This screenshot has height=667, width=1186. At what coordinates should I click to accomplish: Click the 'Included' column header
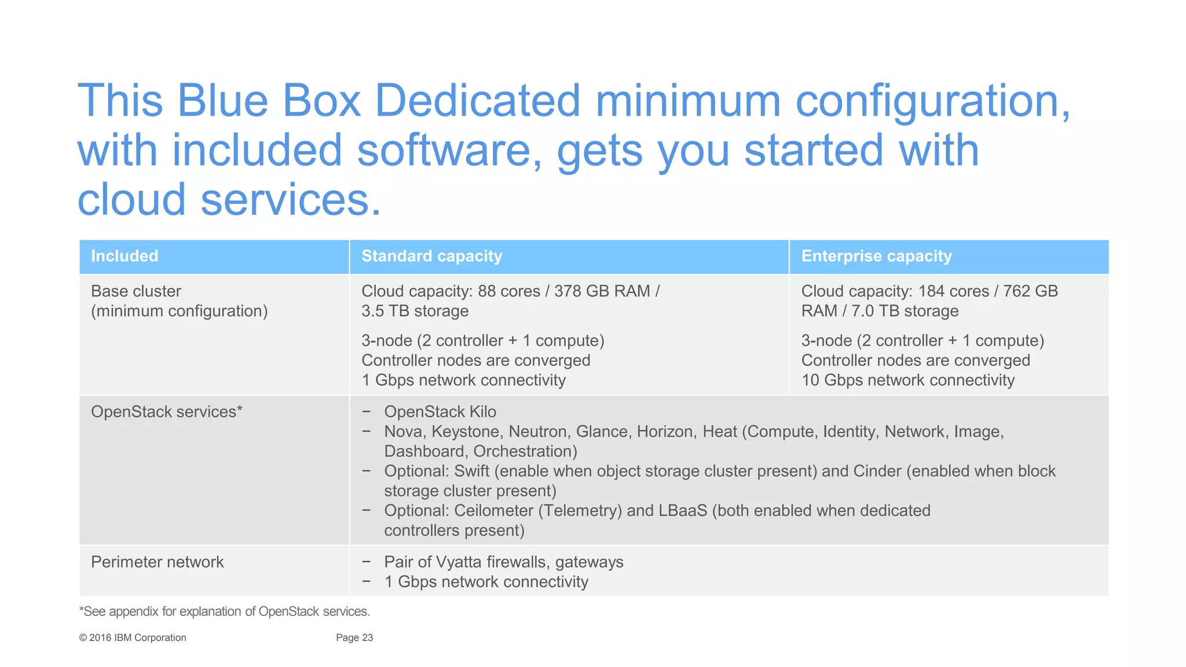point(125,256)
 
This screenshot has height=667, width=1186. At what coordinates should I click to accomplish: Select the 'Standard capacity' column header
point(431,256)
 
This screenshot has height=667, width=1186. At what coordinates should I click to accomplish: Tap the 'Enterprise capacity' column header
point(876,256)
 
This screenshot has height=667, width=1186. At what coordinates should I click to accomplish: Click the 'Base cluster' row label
point(136,291)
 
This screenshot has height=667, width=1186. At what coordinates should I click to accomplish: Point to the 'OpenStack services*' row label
point(166,412)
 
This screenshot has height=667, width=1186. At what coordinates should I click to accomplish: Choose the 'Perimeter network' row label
point(157,562)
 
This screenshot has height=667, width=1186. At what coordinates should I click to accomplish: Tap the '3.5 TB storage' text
point(415,311)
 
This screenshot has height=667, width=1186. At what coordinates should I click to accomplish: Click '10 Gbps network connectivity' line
point(907,380)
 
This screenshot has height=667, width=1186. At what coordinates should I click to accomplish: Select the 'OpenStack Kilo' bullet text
point(440,412)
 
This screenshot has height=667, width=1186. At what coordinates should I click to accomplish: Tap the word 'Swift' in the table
point(471,471)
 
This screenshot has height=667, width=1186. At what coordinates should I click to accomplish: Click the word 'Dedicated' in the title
point(477,101)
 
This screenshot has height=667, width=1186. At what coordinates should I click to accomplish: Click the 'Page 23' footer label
point(354,637)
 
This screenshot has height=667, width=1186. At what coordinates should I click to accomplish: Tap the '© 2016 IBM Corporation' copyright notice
point(133,637)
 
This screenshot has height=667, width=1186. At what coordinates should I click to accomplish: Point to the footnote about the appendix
point(224,611)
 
